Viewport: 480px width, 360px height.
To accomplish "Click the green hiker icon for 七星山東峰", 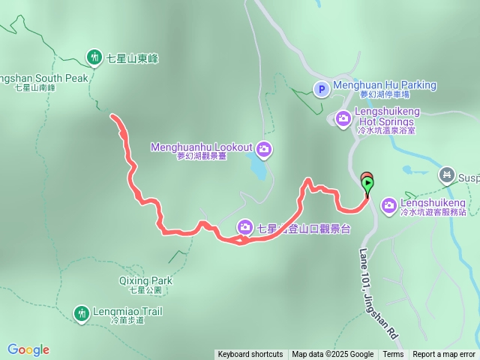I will [94, 56].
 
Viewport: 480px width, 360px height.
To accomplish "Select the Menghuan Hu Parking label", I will [384, 85].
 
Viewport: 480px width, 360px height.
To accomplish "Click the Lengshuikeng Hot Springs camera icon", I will [343, 118].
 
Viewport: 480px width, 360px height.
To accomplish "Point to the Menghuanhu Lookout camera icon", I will [263, 149].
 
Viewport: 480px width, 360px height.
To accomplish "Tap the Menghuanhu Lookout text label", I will [201, 147].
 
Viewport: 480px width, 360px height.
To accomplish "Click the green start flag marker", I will [367, 182].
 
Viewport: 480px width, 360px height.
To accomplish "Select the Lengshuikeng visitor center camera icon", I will [389, 204].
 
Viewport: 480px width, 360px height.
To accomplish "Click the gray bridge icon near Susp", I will [448, 176].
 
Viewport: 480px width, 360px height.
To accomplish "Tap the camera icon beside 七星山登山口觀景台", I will [245, 227].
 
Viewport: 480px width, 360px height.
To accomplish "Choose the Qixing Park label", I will [145, 281].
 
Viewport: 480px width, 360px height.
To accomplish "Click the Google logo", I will [28, 349].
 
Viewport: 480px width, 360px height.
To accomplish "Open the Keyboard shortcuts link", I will [250, 355].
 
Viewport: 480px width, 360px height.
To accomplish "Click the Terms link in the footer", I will [393, 355].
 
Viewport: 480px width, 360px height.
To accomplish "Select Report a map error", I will [444, 355].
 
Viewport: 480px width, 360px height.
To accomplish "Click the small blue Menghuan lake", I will [256, 171].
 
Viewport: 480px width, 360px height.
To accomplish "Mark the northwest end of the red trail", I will [112, 116].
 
